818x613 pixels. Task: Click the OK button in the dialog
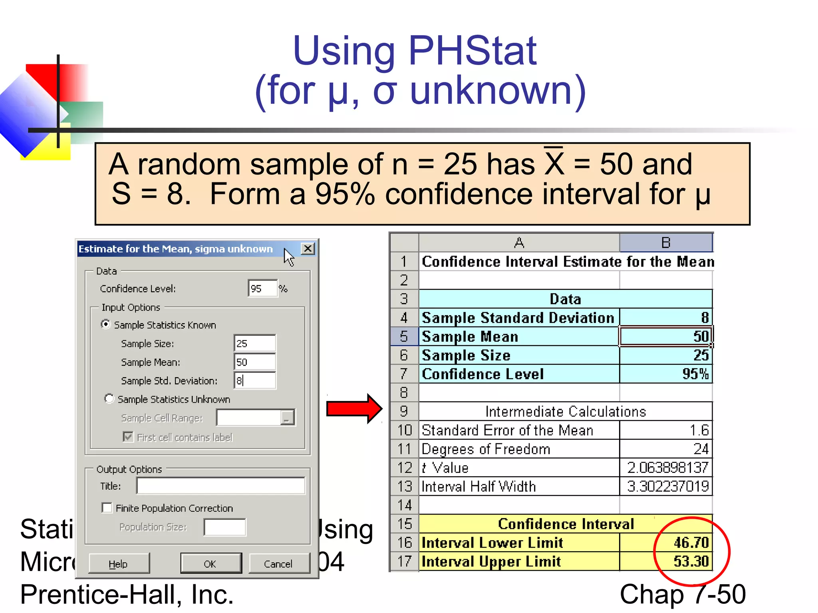click(210, 564)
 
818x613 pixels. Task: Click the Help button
click(119, 564)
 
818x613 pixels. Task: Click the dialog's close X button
click(308, 249)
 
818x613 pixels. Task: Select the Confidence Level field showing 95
click(262, 288)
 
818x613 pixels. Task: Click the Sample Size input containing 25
click(254, 343)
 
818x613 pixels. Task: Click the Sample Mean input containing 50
click(254, 362)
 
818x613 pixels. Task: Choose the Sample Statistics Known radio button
click(105, 324)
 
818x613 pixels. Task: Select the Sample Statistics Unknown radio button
click(109, 399)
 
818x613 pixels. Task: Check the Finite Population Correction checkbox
click(107, 508)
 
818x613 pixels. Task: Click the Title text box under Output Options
click(220, 486)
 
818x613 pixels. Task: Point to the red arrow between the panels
click(354, 409)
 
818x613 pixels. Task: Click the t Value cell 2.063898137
click(667, 467)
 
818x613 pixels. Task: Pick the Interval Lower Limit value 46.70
click(691, 542)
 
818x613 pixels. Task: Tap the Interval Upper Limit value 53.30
click(691, 561)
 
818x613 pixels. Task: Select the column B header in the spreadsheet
click(665, 243)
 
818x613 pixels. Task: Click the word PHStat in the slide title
click(472, 51)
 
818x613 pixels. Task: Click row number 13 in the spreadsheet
click(404, 486)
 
